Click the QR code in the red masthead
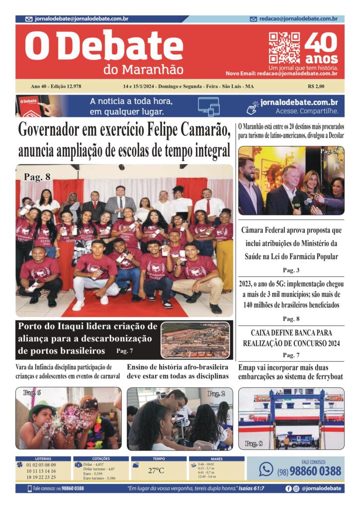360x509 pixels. (284, 48)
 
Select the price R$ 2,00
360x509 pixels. (317, 86)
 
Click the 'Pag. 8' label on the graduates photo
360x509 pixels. (37, 176)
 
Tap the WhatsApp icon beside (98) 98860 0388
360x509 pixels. (266, 469)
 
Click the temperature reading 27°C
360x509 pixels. (156, 470)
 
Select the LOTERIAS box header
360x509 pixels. (42, 459)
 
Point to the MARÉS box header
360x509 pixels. (216, 459)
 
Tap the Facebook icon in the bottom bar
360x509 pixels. (288, 489)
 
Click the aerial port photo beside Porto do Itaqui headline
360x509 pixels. (195, 340)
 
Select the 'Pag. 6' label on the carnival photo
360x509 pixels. (32, 393)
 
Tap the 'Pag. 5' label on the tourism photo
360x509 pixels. (329, 151)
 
